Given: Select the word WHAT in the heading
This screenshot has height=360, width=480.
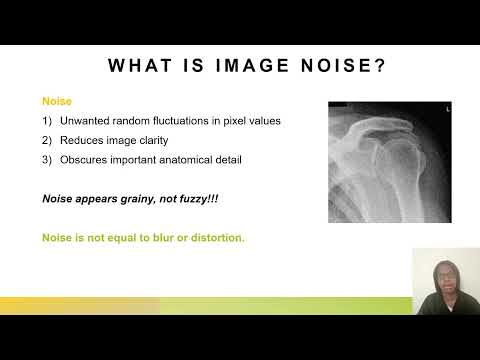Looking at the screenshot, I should [140, 66].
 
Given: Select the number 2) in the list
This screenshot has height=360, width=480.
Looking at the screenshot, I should [47, 140].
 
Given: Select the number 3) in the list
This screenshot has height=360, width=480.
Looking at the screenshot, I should [47, 159].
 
